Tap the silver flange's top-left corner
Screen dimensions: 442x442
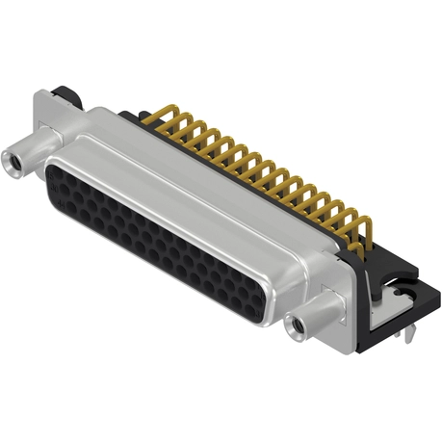39,93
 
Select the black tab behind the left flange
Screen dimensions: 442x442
65,93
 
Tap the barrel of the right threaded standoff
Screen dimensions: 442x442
313,317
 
